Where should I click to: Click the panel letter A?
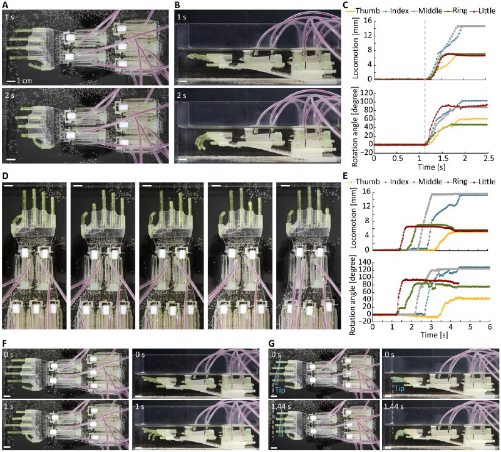click(x=4, y=5)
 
